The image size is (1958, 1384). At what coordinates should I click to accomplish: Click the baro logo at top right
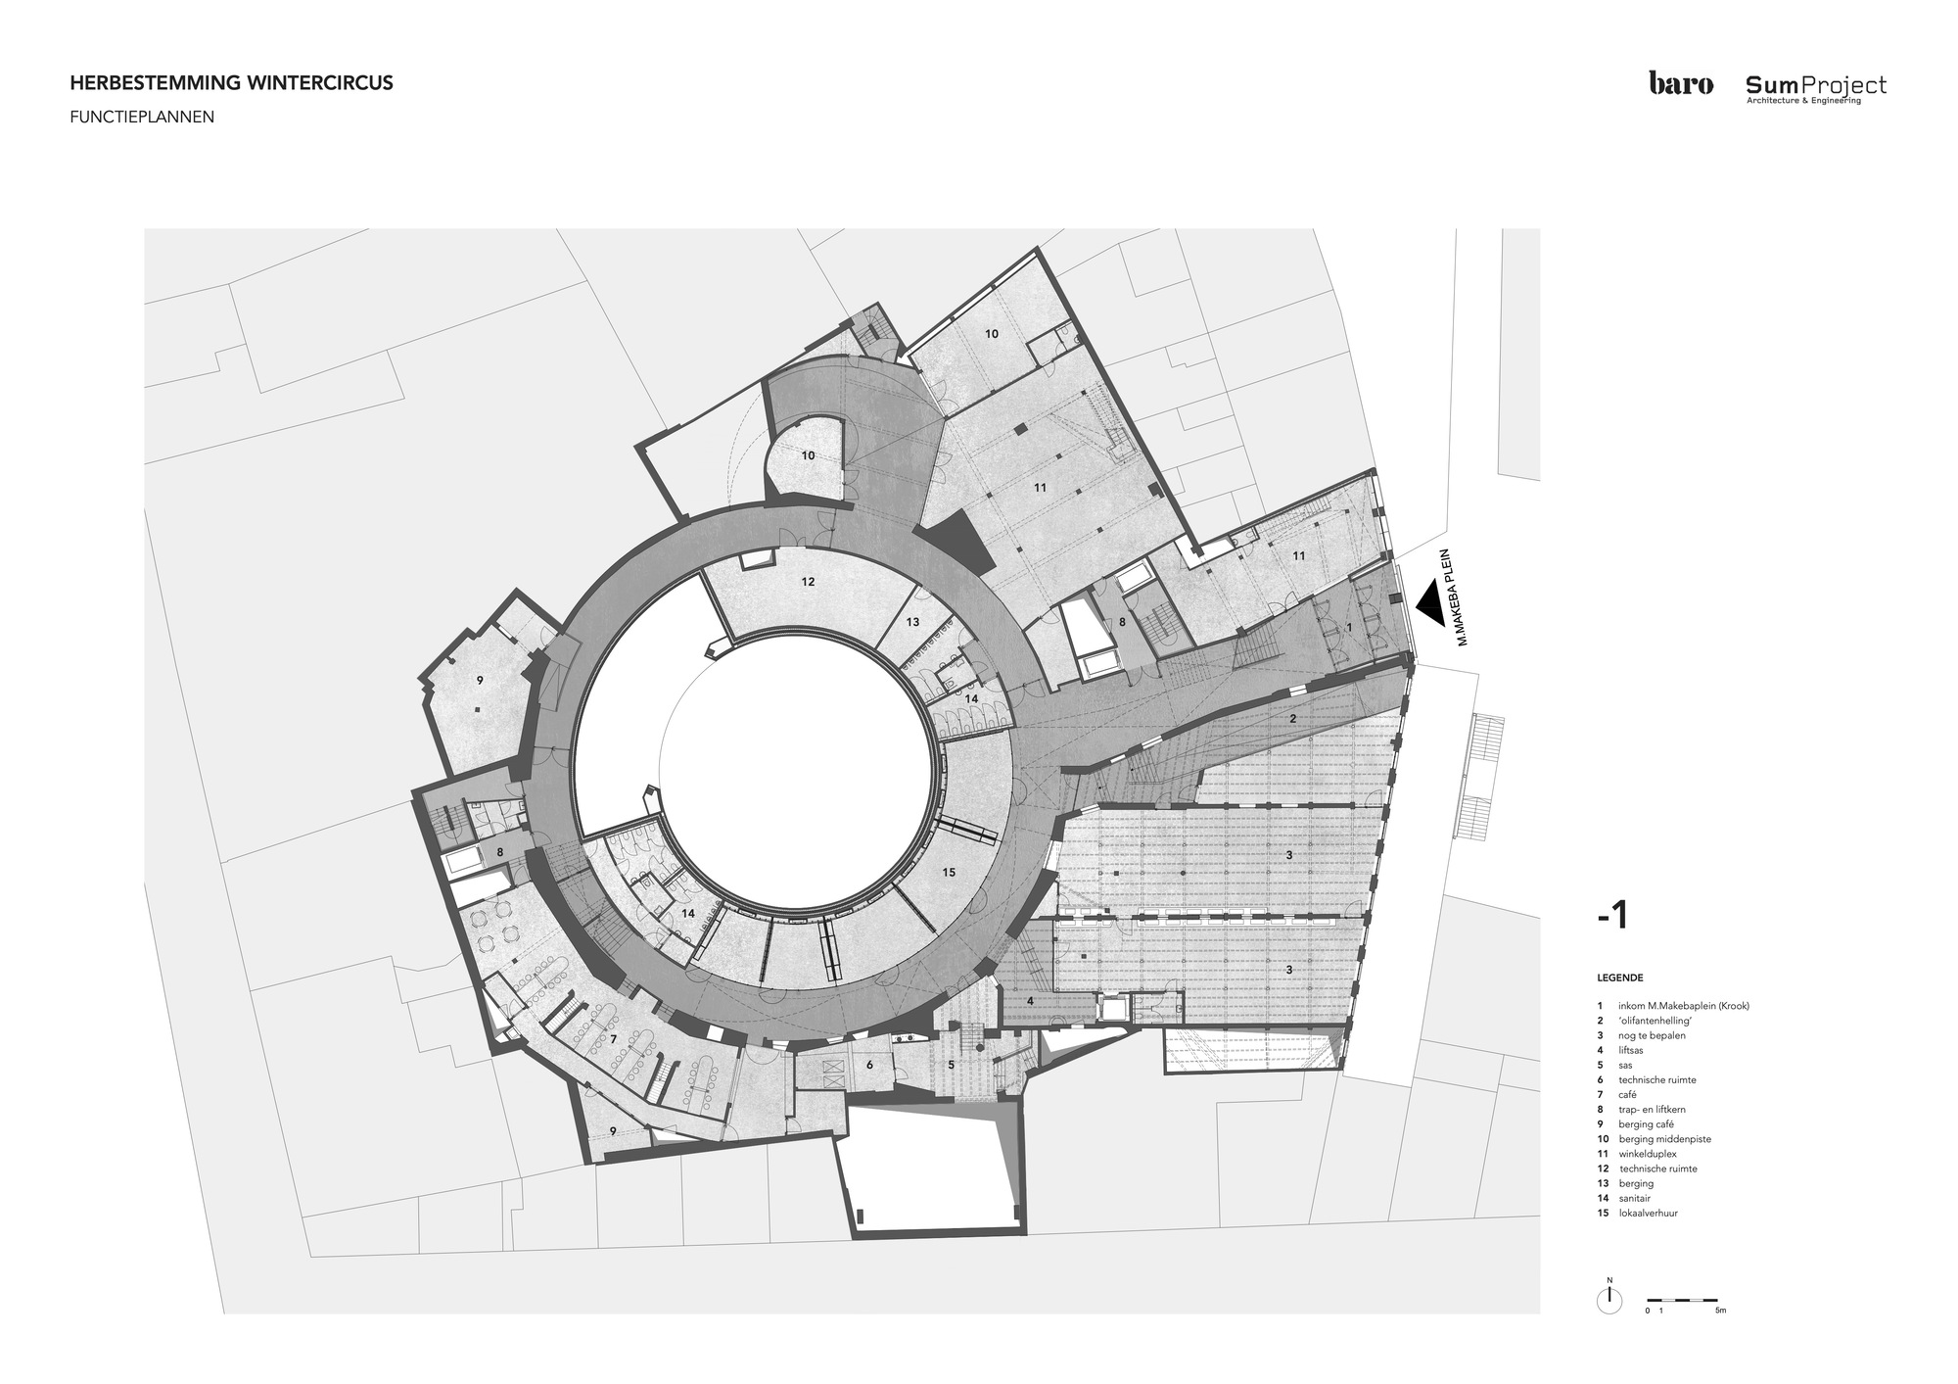1680,84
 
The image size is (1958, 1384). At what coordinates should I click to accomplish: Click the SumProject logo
1816,88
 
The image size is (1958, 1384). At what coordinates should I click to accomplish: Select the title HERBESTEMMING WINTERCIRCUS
231,83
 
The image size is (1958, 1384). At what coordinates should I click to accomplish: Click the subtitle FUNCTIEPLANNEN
142,117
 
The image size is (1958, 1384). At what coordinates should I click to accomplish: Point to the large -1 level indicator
1611,915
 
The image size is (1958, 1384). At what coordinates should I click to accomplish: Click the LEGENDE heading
1619,978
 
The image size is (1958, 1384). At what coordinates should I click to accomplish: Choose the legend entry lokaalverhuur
1649,1213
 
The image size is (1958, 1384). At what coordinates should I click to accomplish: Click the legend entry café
1627,1094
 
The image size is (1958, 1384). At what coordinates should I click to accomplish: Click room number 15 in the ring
948,872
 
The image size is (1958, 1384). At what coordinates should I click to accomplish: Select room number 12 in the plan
808,582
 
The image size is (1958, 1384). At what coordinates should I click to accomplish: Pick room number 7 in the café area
613,1037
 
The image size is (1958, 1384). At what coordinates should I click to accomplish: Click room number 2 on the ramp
1292,719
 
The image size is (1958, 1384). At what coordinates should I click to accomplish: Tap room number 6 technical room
868,1065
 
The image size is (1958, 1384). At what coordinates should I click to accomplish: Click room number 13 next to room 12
912,622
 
